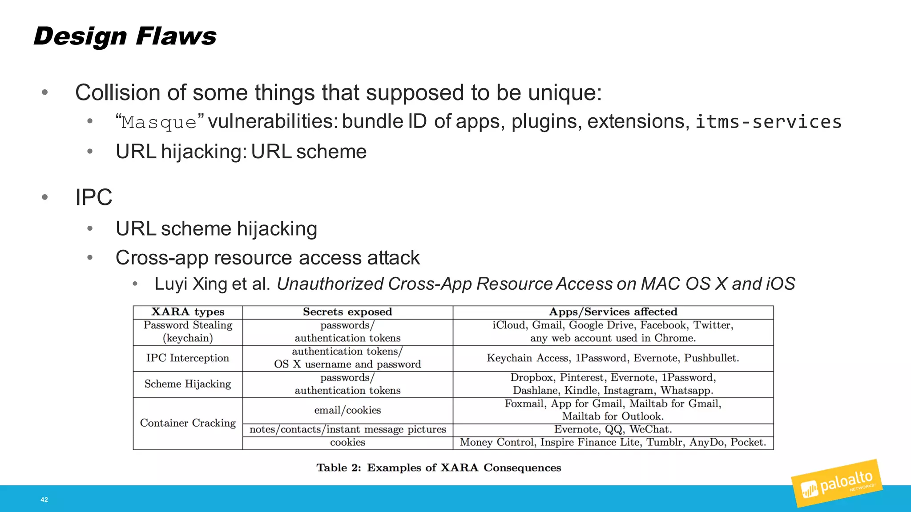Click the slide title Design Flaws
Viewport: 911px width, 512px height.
point(125,36)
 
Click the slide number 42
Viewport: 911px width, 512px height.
point(44,500)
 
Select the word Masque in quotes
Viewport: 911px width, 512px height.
point(159,122)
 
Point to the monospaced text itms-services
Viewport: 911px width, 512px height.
point(769,122)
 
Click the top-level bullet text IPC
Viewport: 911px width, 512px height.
point(93,197)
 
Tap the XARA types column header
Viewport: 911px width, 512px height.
point(188,312)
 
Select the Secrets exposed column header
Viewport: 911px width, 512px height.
point(347,312)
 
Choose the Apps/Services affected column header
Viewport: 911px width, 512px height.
point(613,312)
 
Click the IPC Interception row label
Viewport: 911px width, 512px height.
point(188,358)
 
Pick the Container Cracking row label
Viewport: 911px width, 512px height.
point(188,423)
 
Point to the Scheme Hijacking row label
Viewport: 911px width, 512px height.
point(188,384)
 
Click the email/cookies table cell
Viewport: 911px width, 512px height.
point(347,410)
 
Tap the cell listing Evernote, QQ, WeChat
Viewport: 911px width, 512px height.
point(613,429)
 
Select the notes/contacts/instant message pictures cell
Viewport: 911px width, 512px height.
point(347,430)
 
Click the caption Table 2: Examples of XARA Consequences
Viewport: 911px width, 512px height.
point(439,468)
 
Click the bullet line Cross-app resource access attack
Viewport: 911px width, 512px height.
point(267,258)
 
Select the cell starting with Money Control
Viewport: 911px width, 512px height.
point(613,443)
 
